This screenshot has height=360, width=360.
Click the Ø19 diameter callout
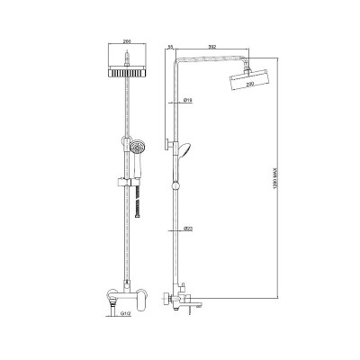click(186, 101)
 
